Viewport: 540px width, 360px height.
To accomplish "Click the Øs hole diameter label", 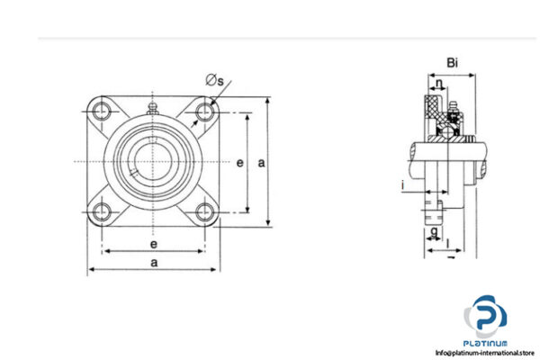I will pyautogui.click(x=215, y=81).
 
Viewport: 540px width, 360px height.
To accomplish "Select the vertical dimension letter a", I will pyautogui.click(x=262, y=163).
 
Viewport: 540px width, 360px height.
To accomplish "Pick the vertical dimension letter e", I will pyautogui.click(x=239, y=163).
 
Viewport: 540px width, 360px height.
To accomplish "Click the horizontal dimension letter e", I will pyautogui.click(x=154, y=244).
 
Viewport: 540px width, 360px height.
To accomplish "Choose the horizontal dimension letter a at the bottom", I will pyautogui.click(x=154, y=262).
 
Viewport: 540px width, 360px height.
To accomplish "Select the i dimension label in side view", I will pyautogui.click(x=404, y=185).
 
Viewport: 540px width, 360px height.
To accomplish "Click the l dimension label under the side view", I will pyautogui.click(x=447, y=244).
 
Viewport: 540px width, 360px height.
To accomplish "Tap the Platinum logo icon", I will pyautogui.click(x=485, y=317).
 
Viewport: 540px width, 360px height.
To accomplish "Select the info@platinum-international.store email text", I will pyautogui.click(x=485, y=353).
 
